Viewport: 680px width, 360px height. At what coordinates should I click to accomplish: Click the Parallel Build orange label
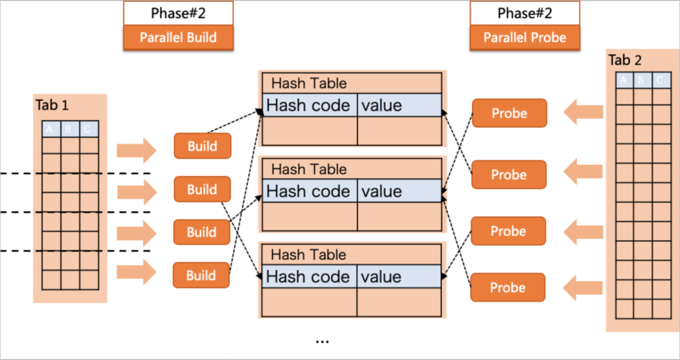(178, 38)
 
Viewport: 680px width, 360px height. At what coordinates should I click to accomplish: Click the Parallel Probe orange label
(524, 38)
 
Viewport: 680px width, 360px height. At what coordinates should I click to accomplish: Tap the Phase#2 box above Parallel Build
(178, 13)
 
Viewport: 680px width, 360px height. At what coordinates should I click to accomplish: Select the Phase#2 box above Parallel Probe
(524, 13)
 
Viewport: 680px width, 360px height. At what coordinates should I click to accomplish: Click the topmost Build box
(202, 146)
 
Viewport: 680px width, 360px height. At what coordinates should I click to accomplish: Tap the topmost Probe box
(509, 113)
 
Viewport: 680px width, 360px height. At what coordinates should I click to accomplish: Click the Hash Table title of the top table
(308, 83)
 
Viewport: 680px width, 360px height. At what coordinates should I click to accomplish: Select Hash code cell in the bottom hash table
(308, 277)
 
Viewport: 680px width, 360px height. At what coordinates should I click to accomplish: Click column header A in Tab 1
(50, 129)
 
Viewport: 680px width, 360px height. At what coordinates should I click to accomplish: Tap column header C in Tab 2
(659, 81)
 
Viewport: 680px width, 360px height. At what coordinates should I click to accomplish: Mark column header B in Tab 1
(68, 129)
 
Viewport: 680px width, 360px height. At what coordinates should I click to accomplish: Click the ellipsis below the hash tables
(322, 341)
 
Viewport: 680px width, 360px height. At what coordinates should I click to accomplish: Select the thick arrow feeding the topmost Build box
(136, 150)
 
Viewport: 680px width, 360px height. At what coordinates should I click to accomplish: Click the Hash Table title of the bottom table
(308, 254)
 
